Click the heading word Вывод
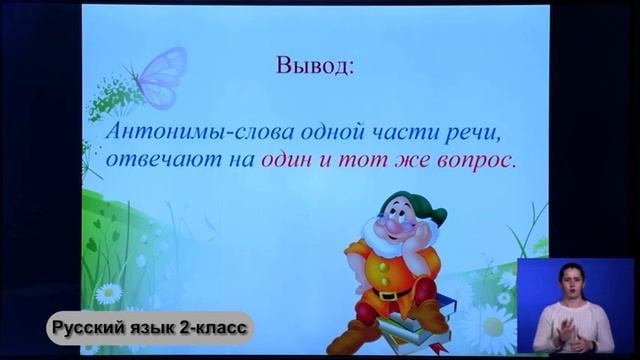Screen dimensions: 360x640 [314, 68]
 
